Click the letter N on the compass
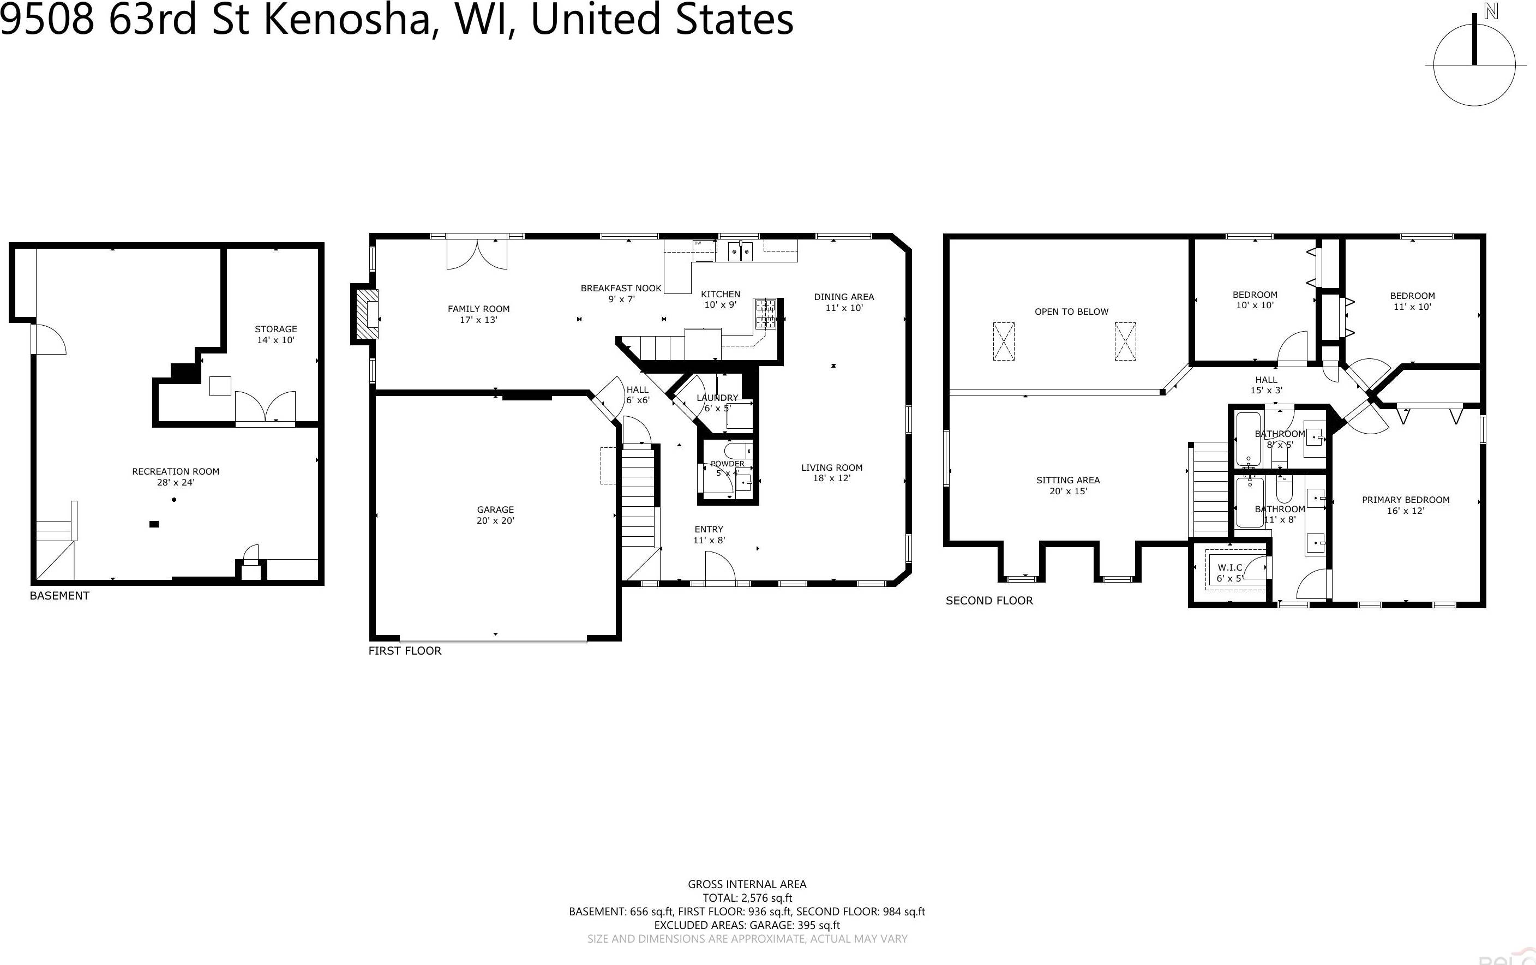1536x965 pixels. coord(1491,11)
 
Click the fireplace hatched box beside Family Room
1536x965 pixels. coord(366,314)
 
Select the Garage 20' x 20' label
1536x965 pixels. coord(495,515)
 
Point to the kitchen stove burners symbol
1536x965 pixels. coord(765,314)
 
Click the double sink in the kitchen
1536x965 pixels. coord(741,251)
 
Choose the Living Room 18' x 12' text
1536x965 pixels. coord(831,472)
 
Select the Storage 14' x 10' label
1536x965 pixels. coord(275,334)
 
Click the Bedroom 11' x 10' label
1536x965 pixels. coord(1412,301)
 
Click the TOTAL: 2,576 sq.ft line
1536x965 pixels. coord(747,898)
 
